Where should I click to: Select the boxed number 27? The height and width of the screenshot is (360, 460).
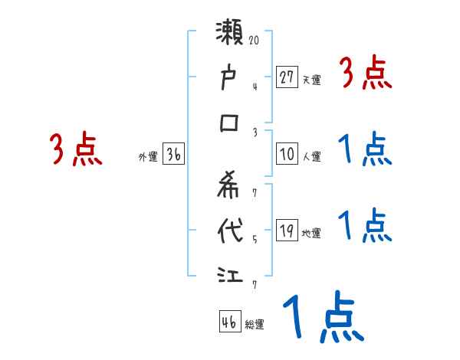(287, 77)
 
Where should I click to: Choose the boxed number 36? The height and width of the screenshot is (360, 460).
(173, 155)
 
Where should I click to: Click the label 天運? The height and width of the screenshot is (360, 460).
(311, 80)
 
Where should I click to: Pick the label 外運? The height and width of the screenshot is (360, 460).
(147, 157)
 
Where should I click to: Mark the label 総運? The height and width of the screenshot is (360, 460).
(254, 325)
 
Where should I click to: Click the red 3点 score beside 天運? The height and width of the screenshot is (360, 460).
(364, 74)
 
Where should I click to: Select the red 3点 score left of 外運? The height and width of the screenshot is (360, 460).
(75, 149)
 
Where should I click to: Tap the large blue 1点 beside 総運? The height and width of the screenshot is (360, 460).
(321, 319)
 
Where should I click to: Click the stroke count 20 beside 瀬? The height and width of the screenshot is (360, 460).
(255, 38)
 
